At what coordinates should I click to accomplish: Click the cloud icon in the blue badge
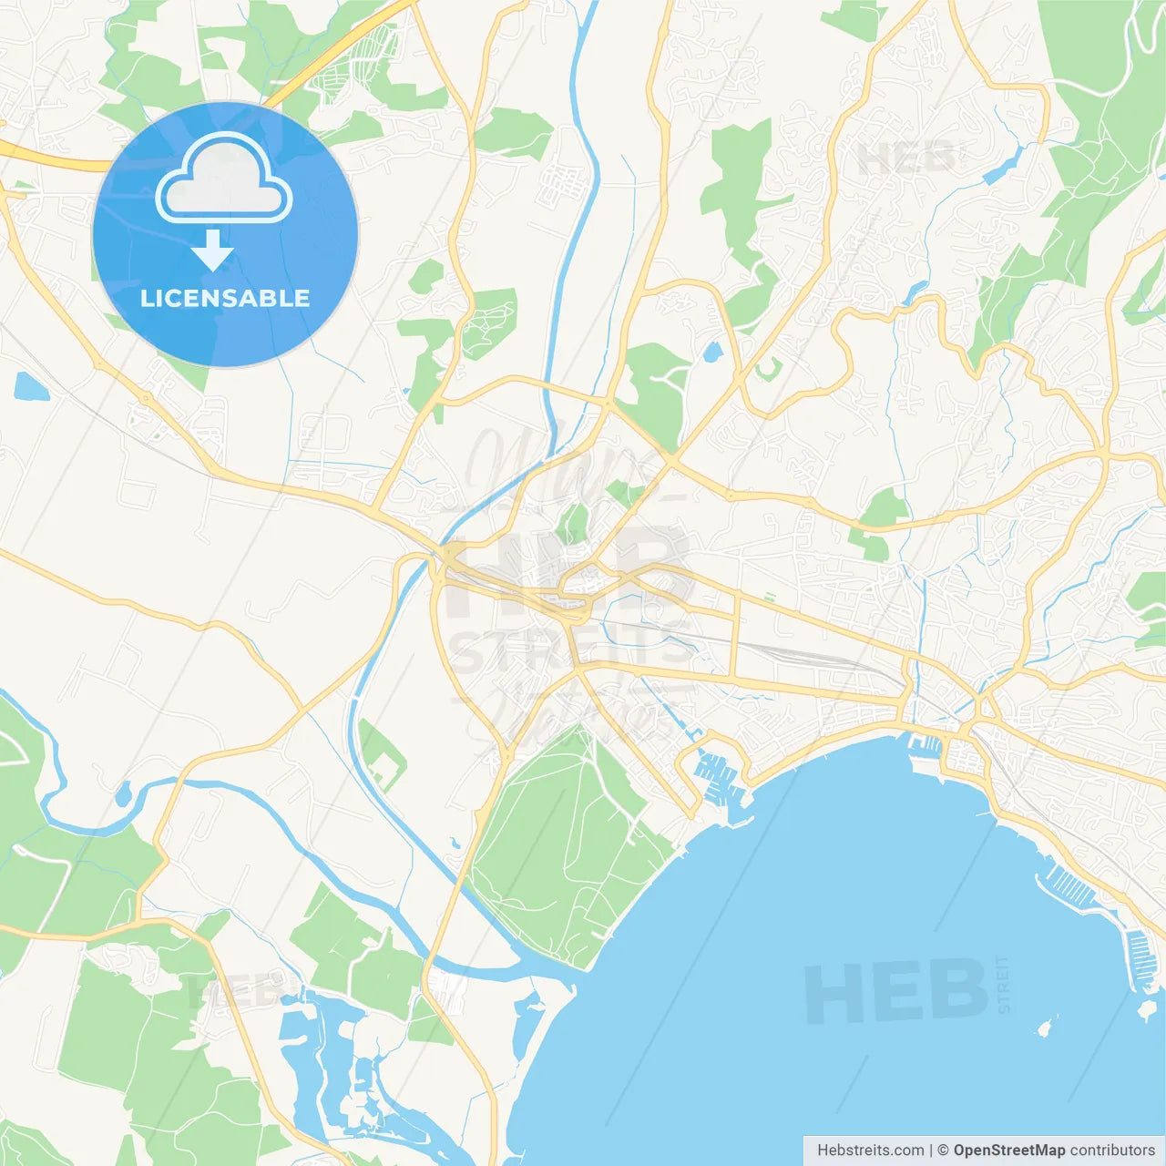(224, 179)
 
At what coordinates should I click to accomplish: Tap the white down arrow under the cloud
(213, 251)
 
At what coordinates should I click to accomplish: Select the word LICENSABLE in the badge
(225, 298)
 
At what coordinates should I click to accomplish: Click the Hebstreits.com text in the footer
(870, 1151)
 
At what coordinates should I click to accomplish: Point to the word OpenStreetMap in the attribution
(1008, 1151)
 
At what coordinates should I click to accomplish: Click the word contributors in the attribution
(1112, 1151)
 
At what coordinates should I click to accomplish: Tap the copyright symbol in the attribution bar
(943, 1151)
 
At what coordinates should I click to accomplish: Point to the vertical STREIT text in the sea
(1004, 984)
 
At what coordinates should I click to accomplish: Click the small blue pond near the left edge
(30, 387)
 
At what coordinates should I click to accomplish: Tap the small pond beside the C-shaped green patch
(712, 351)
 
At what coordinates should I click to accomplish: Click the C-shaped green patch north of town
(767, 369)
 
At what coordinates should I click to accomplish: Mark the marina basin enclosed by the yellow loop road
(720, 779)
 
